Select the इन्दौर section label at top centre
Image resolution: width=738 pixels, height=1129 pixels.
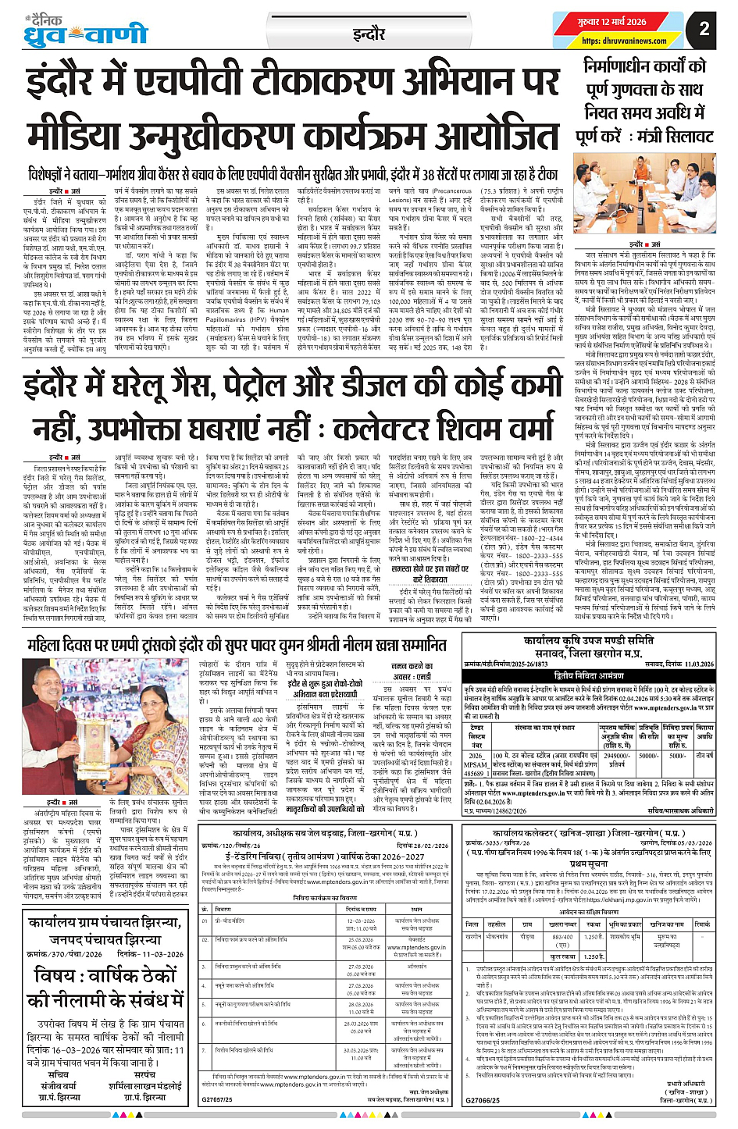[369, 34]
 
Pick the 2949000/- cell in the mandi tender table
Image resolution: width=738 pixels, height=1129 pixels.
[617, 757]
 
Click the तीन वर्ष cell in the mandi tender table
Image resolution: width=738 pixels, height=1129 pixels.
[704, 756]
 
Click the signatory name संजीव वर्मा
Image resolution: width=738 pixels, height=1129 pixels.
[59, 1085]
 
